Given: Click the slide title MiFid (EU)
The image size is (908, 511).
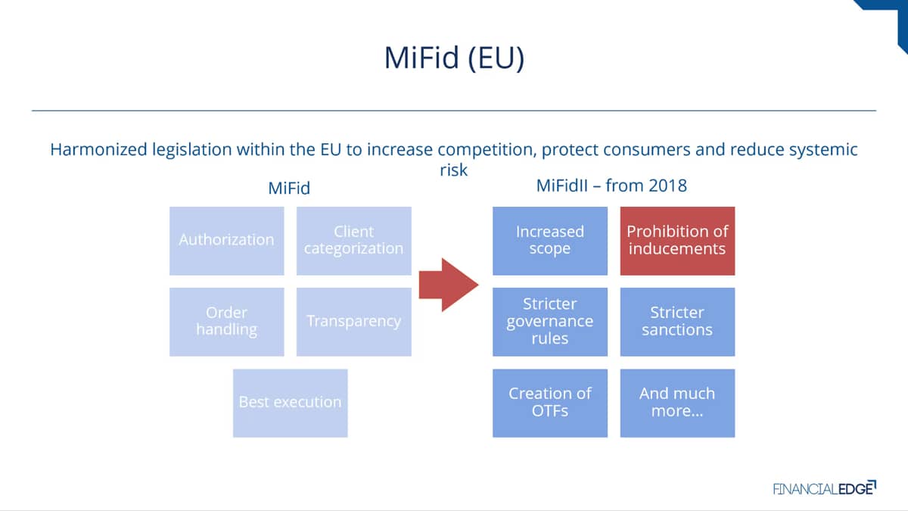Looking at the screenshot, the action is tap(454, 58).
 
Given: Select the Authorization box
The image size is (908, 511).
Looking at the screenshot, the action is tap(226, 241).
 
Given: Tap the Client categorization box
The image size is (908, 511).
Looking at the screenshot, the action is tap(354, 241).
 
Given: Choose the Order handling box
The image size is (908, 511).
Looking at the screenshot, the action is tap(226, 322).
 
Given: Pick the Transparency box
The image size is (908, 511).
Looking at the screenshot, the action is tap(354, 322).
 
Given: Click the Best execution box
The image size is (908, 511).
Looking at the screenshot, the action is tap(291, 403).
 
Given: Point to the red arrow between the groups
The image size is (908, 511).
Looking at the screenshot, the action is tap(449, 285).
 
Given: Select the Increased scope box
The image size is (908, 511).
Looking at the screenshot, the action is tap(550, 241).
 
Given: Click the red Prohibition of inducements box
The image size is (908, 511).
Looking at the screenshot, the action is tap(677, 241).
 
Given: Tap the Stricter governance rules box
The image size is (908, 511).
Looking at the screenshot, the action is tap(550, 322).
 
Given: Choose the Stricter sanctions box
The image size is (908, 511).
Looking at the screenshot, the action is tap(677, 322).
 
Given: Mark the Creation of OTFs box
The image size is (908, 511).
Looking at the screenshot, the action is tap(550, 403).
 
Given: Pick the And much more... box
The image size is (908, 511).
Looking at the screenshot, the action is tap(677, 403).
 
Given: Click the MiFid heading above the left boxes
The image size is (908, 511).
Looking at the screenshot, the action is tap(289, 189).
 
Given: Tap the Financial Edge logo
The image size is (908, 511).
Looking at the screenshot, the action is tap(825, 488).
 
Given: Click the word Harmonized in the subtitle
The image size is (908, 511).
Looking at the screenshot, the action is tap(98, 150).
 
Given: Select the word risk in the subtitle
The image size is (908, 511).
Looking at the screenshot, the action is tap(453, 170).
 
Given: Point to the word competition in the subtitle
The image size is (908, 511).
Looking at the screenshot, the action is tap(487, 151).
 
